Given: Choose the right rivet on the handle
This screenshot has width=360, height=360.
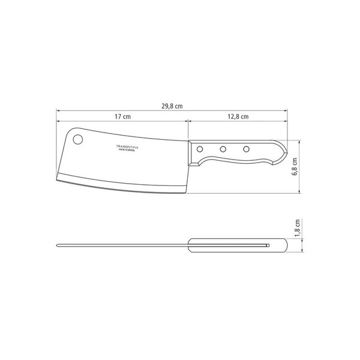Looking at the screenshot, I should point(246,148).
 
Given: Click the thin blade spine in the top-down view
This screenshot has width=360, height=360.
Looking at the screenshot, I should point(120,244).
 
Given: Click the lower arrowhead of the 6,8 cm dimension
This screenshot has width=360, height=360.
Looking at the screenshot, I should point(300,193).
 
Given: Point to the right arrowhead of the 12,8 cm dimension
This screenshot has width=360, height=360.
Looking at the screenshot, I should point(283,121).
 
